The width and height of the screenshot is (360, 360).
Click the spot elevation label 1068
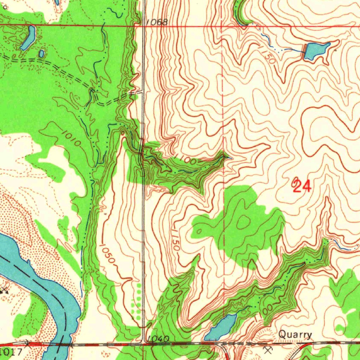pyautogui.click(x=157, y=22)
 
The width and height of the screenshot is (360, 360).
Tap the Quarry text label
pyautogui.click(x=295, y=335)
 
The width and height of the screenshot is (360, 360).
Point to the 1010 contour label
pyautogui.click(x=73, y=138)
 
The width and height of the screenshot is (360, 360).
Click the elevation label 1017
pyautogui.click(x=12, y=351)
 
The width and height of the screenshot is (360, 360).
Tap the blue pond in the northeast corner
pyautogui.click(x=316, y=50)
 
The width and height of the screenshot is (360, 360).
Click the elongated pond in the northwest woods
pyautogui.click(x=28, y=38)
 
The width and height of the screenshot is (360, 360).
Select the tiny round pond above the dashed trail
pyautogui.click(x=41, y=54)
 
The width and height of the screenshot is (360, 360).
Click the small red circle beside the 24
pyautogui.click(x=295, y=181)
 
